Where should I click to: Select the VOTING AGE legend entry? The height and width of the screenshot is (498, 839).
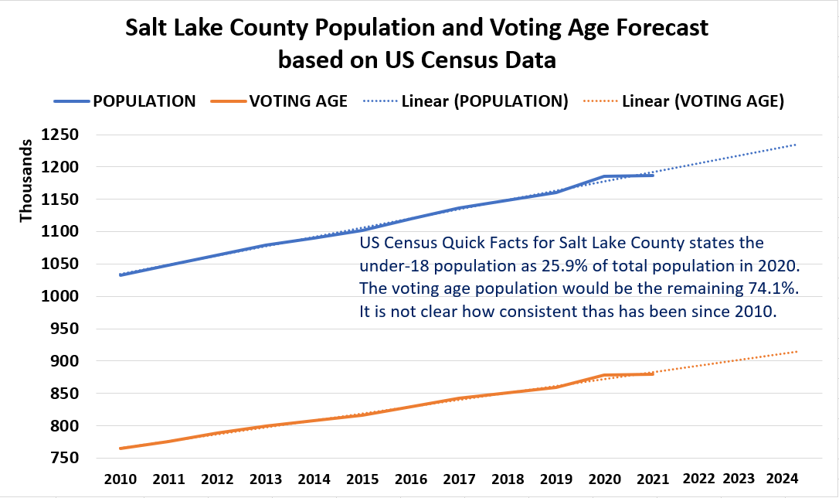tap(297, 101)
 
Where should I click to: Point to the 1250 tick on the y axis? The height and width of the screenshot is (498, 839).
tap(65, 135)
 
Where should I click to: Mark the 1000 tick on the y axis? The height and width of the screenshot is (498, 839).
tap(65, 296)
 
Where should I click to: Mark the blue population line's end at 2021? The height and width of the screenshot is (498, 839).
tap(654, 176)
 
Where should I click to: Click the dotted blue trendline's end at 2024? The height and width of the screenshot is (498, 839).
tap(797, 145)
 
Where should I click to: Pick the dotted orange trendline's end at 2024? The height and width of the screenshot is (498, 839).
tap(797, 352)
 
